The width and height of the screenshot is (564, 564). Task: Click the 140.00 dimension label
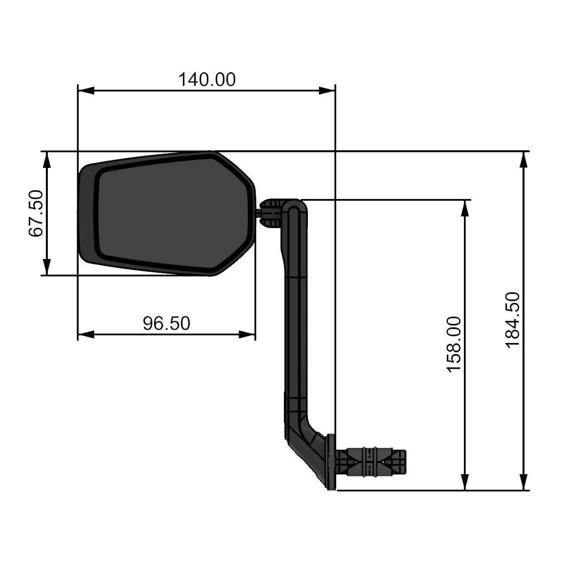click(207, 79)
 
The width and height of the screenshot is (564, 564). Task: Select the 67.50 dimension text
click(36, 213)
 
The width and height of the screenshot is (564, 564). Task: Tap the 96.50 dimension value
click(166, 323)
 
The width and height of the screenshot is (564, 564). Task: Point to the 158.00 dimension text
click(454, 343)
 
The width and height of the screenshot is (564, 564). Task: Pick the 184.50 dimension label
click(512, 320)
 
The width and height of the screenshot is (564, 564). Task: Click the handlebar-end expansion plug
click(373, 462)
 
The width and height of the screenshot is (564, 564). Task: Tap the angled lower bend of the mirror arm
click(307, 446)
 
